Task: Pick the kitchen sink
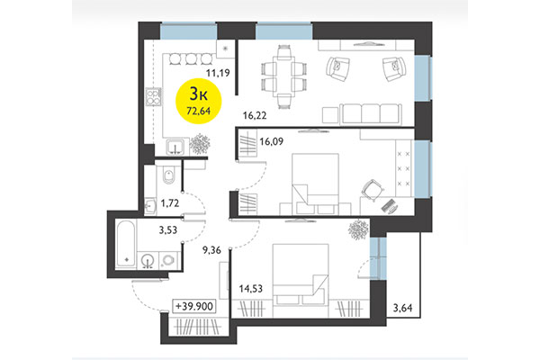[x=175, y=148]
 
